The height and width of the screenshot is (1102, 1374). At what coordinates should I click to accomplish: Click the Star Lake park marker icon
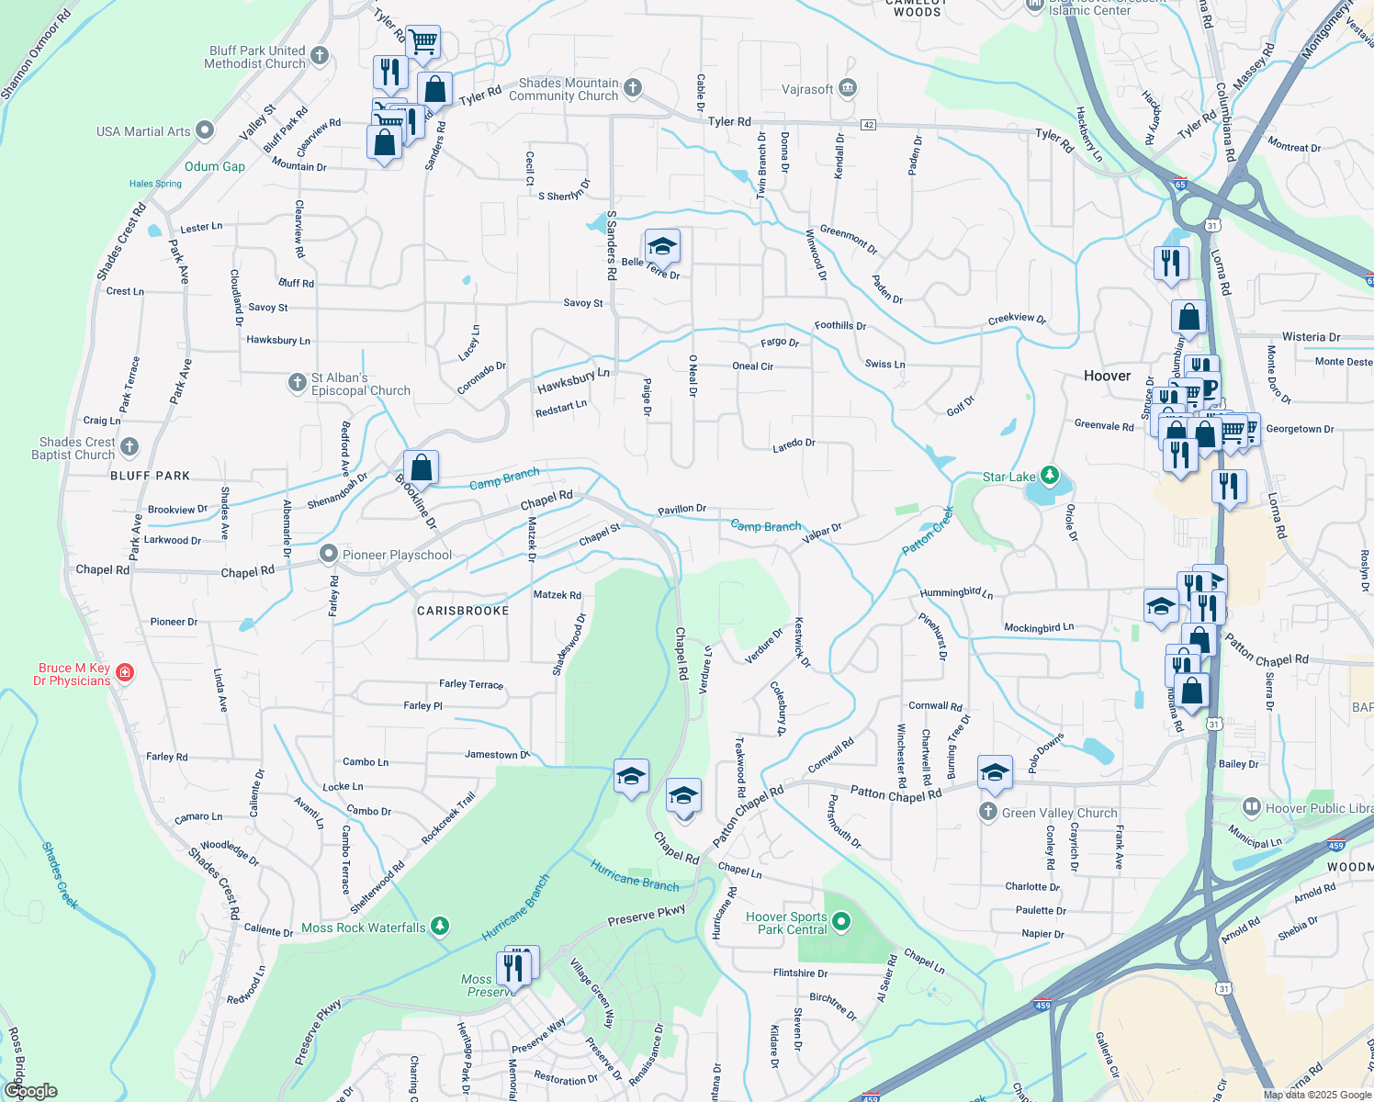pos(1050,476)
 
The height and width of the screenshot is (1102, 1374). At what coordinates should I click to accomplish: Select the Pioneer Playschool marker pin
pos(329,554)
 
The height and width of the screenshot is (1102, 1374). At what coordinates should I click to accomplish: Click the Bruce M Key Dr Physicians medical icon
pos(125,673)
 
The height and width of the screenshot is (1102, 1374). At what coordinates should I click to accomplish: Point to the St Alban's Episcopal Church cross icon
pos(297,382)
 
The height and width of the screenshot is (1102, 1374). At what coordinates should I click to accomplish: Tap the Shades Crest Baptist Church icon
pos(130,447)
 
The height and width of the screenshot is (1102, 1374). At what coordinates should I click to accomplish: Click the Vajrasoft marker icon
pos(848,88)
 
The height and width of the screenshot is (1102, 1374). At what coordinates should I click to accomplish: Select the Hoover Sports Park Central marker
pos(842,921)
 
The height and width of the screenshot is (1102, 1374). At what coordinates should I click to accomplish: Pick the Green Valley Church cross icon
pos(988,811)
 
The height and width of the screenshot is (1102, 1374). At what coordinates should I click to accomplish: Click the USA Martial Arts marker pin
pos(205,130)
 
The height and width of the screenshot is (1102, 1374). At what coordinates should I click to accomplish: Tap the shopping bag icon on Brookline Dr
pos(421,468)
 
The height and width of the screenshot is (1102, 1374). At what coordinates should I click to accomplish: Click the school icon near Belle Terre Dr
pos(662,247)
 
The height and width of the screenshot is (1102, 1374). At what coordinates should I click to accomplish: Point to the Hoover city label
pos(1107,376)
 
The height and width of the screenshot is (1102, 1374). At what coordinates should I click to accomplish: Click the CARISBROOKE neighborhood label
pos(463,611)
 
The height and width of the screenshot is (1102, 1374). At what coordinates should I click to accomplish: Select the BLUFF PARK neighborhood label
pos(150,476)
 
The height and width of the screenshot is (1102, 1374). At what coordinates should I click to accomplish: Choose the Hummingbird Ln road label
pos(956,593)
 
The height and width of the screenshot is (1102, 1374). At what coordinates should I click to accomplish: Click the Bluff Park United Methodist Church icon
pos(320,56)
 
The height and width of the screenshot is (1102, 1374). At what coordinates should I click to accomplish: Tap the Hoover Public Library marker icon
pos(1251,807)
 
